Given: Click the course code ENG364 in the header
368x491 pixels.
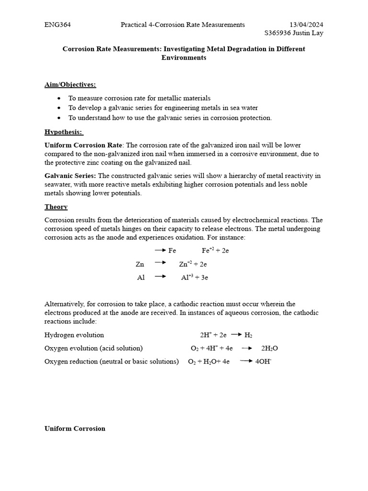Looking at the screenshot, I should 58,24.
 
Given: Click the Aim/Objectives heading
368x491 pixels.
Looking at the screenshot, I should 70,84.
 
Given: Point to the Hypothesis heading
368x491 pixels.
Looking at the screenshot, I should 63,131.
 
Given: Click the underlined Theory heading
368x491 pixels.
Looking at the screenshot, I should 56,207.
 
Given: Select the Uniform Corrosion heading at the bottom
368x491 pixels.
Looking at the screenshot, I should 75,428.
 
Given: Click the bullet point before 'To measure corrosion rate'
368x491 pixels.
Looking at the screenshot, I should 58,98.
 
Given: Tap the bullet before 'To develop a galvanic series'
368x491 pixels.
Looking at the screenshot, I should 58,108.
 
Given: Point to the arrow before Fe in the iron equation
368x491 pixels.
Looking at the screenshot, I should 160,250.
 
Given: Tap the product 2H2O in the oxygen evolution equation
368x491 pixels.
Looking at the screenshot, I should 269,348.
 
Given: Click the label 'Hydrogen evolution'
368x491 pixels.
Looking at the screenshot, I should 74,335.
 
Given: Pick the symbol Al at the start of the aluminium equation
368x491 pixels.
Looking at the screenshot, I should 141,277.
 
